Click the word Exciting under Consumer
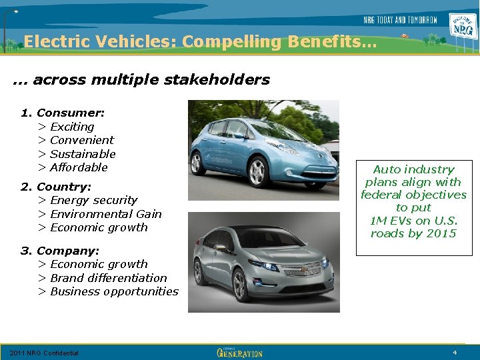point(72,127)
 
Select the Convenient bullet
point(82,140)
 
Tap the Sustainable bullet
point(83,154)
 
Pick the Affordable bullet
point(79,167)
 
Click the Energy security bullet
point(93,200)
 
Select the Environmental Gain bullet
point(105,214)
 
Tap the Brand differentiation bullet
point(108,278)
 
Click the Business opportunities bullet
point(114,291)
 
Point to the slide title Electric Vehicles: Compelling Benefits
point(200,42)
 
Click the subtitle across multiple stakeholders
point(141,80)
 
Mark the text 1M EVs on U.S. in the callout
point(413,221)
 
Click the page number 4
point(454,352)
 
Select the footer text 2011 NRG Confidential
point(44,353)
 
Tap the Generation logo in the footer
point(240,352)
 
